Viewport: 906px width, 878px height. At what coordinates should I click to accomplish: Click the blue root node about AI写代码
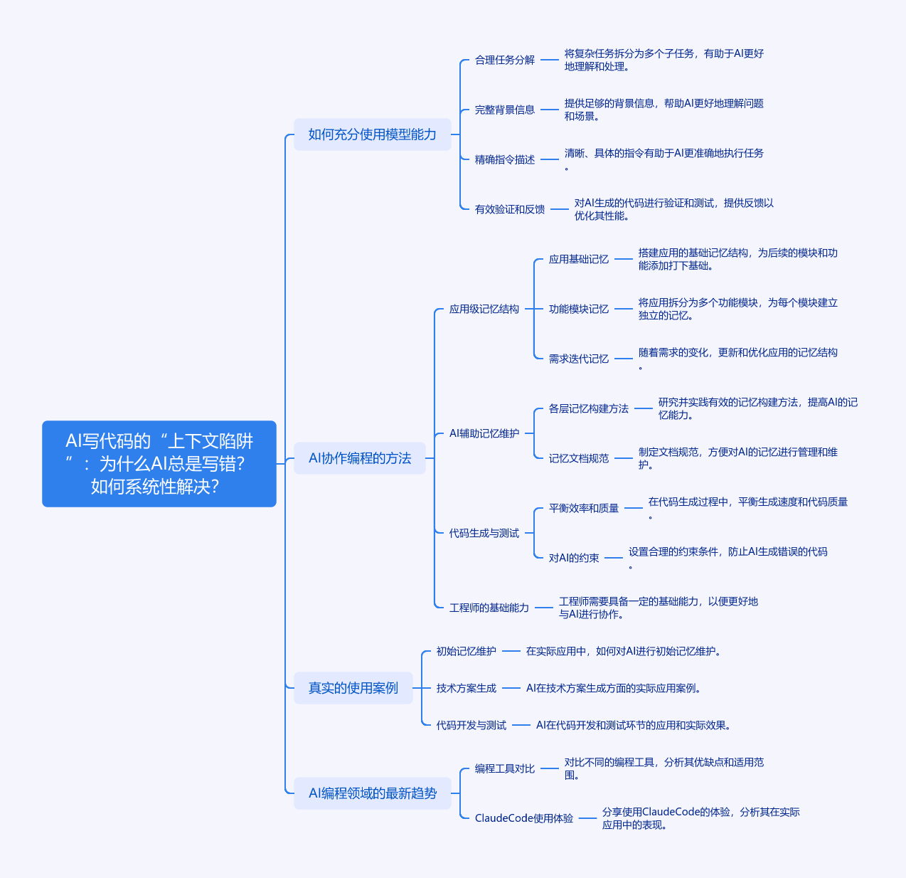click(x=159, y=463)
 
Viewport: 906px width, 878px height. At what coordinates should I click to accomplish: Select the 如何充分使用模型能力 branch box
click(x=373, y=134)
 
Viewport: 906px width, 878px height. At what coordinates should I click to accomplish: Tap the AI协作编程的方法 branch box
click(x=360, y=458)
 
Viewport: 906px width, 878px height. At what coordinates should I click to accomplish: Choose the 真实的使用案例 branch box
click(x=353, y=688)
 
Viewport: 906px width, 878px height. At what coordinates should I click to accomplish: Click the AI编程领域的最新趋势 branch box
click(x=373, y=793)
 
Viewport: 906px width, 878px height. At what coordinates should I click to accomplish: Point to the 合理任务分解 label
click(x=505, y=60)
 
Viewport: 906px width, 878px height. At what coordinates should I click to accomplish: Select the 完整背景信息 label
click(x=505, y=110)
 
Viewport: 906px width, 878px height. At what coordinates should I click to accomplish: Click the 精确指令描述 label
click(x=505, y=160)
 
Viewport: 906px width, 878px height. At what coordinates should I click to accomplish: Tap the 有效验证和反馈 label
click(x=510, y=210)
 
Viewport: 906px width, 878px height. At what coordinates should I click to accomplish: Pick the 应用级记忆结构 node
click(x=484, y=310)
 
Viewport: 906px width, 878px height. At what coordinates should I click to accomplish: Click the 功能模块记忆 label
click(x=579, y=310)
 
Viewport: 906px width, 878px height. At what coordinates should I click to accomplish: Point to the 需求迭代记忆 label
click(x=579, y=359)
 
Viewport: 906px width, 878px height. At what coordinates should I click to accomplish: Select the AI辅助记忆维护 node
click(x=484, y=433)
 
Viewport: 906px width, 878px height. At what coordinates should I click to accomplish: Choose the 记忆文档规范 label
click(x=579, y=459)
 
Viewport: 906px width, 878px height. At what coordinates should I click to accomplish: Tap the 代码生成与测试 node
click(x=484, y=534)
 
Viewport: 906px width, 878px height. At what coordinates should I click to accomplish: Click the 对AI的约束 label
click(x=574, y=558)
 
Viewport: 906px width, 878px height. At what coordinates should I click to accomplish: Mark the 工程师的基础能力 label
click(x=489, y=608)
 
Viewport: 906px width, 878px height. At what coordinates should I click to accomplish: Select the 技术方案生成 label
click(x=466, y=689)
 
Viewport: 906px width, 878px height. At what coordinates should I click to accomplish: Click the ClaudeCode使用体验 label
click(x=524, y=818)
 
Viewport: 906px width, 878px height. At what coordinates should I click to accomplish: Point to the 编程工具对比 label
click(x=505, y=768)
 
